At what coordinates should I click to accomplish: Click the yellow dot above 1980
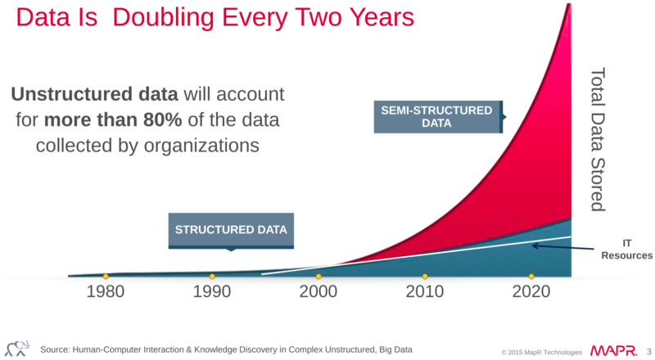(106, 276)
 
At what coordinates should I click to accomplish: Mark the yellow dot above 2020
(531, 276)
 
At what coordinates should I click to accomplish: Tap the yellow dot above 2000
(318, 276)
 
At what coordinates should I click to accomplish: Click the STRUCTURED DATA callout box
(231, 230)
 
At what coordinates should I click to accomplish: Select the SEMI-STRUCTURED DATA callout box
(437, 117)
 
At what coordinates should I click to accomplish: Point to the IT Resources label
(626, 250)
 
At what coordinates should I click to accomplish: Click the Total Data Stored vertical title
(598, 139)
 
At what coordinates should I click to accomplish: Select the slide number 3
(648, 351)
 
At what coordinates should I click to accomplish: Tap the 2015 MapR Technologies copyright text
(542, 352)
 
